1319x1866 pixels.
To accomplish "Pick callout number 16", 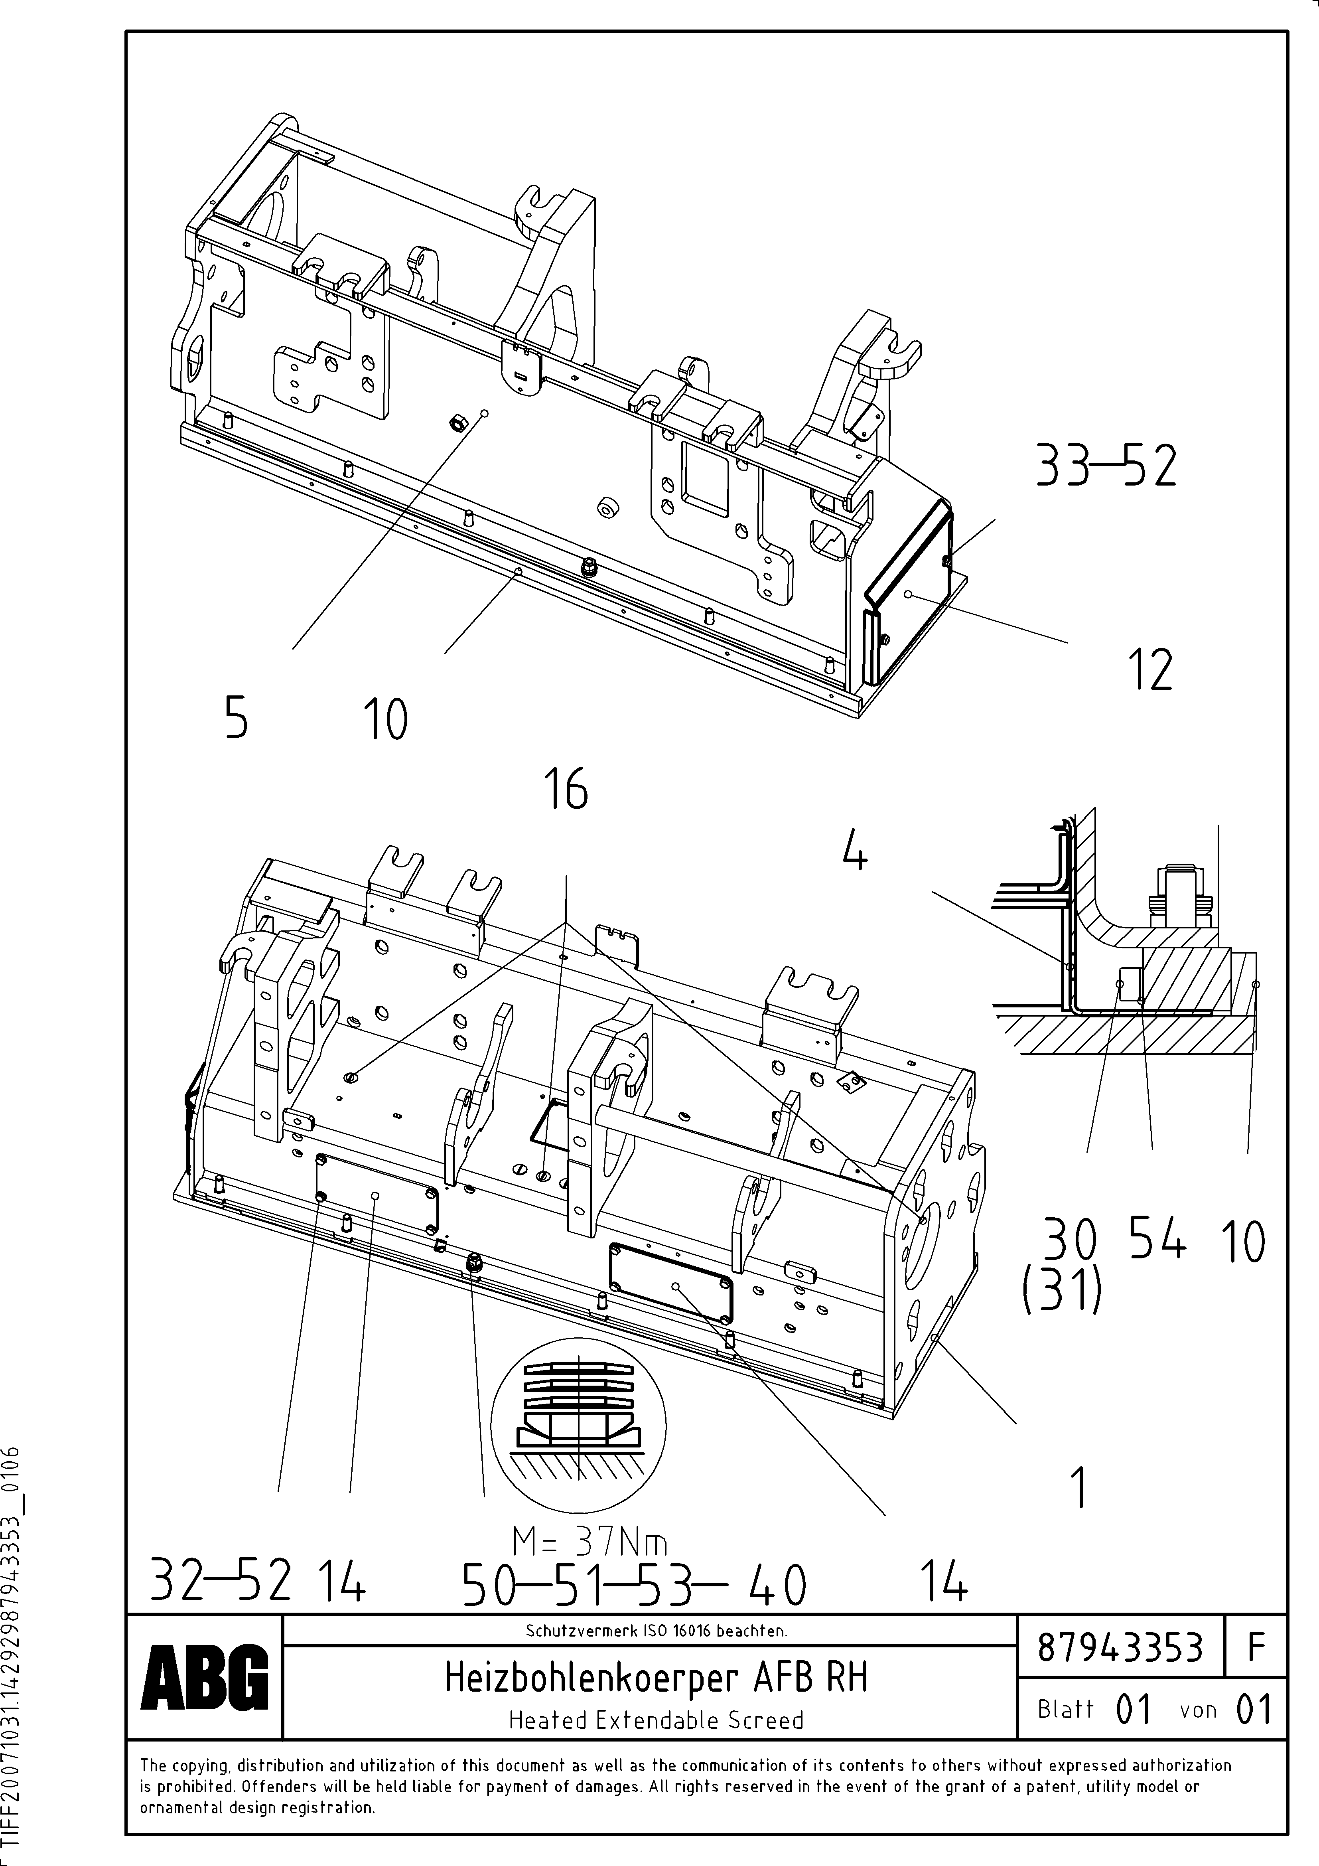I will point(566,788).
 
